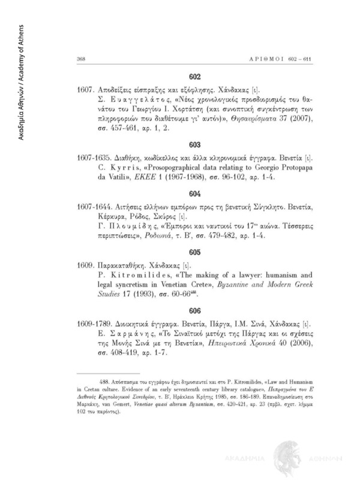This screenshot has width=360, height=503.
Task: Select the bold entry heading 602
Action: [x=195, y=77]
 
